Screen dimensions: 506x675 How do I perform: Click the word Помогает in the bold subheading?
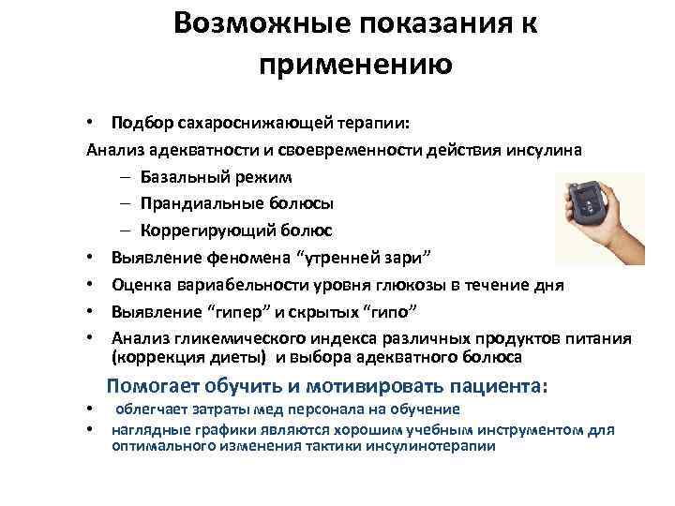[x=152, y=386]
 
